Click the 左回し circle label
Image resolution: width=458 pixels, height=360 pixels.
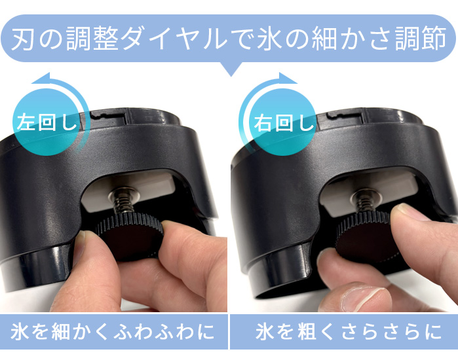point(46,122)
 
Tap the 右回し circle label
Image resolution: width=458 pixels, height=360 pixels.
point(283,122)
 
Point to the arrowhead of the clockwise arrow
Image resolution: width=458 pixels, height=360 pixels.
point(288,78)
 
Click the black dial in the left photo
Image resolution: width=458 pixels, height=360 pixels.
point(128,236)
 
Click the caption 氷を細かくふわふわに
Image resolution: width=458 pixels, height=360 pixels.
point(113,331)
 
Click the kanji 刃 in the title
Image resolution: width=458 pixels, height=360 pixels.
point(22,39)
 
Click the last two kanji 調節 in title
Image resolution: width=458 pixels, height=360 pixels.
point(420,39)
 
